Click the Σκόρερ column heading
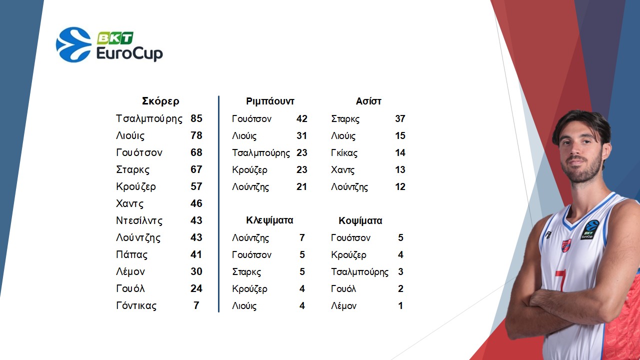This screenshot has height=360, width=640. pyautogui.click(x=160, y=101)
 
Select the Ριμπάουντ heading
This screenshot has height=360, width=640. pyautogui.click(x=270, y=101)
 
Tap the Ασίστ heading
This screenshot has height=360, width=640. pyautogui.click(x=368, y=101)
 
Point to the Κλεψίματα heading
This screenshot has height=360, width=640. pyautogui.click(x=269, y=220)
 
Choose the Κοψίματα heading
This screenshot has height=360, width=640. pyautogui.click(x=360, y=220)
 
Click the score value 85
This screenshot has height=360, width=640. pyautogui.click(x=196, y=118)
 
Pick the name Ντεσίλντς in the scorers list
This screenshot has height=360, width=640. pyautogui.click(x=139, y=220)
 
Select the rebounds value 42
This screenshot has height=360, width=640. pyautogui.click(x=301, y=118)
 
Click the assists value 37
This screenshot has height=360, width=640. pyautogui.click(x=400, y=118)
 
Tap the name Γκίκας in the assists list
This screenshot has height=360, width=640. pyautogui.click(x=344, y=153)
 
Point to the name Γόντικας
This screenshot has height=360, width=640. pyautogui.click(x=136, y=305)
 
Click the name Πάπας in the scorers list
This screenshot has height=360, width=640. pyautogui.click(x=131, y=254)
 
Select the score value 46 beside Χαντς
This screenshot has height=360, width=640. pyautogui.click(x=196, y=203)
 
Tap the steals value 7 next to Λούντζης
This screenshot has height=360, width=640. pyautogui.click(x=302, y=237)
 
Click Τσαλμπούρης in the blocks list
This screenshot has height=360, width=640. pyautogui.click(x=359, y=271)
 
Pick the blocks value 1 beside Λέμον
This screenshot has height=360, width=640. pyautogui.click(x=400, y=305)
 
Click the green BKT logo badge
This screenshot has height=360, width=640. pyautogui.click(x=115, y=38)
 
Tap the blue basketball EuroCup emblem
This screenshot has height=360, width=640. pyautogui.click(x=73, y=44)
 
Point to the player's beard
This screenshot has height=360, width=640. pyautogui.click(x=581, y=168)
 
